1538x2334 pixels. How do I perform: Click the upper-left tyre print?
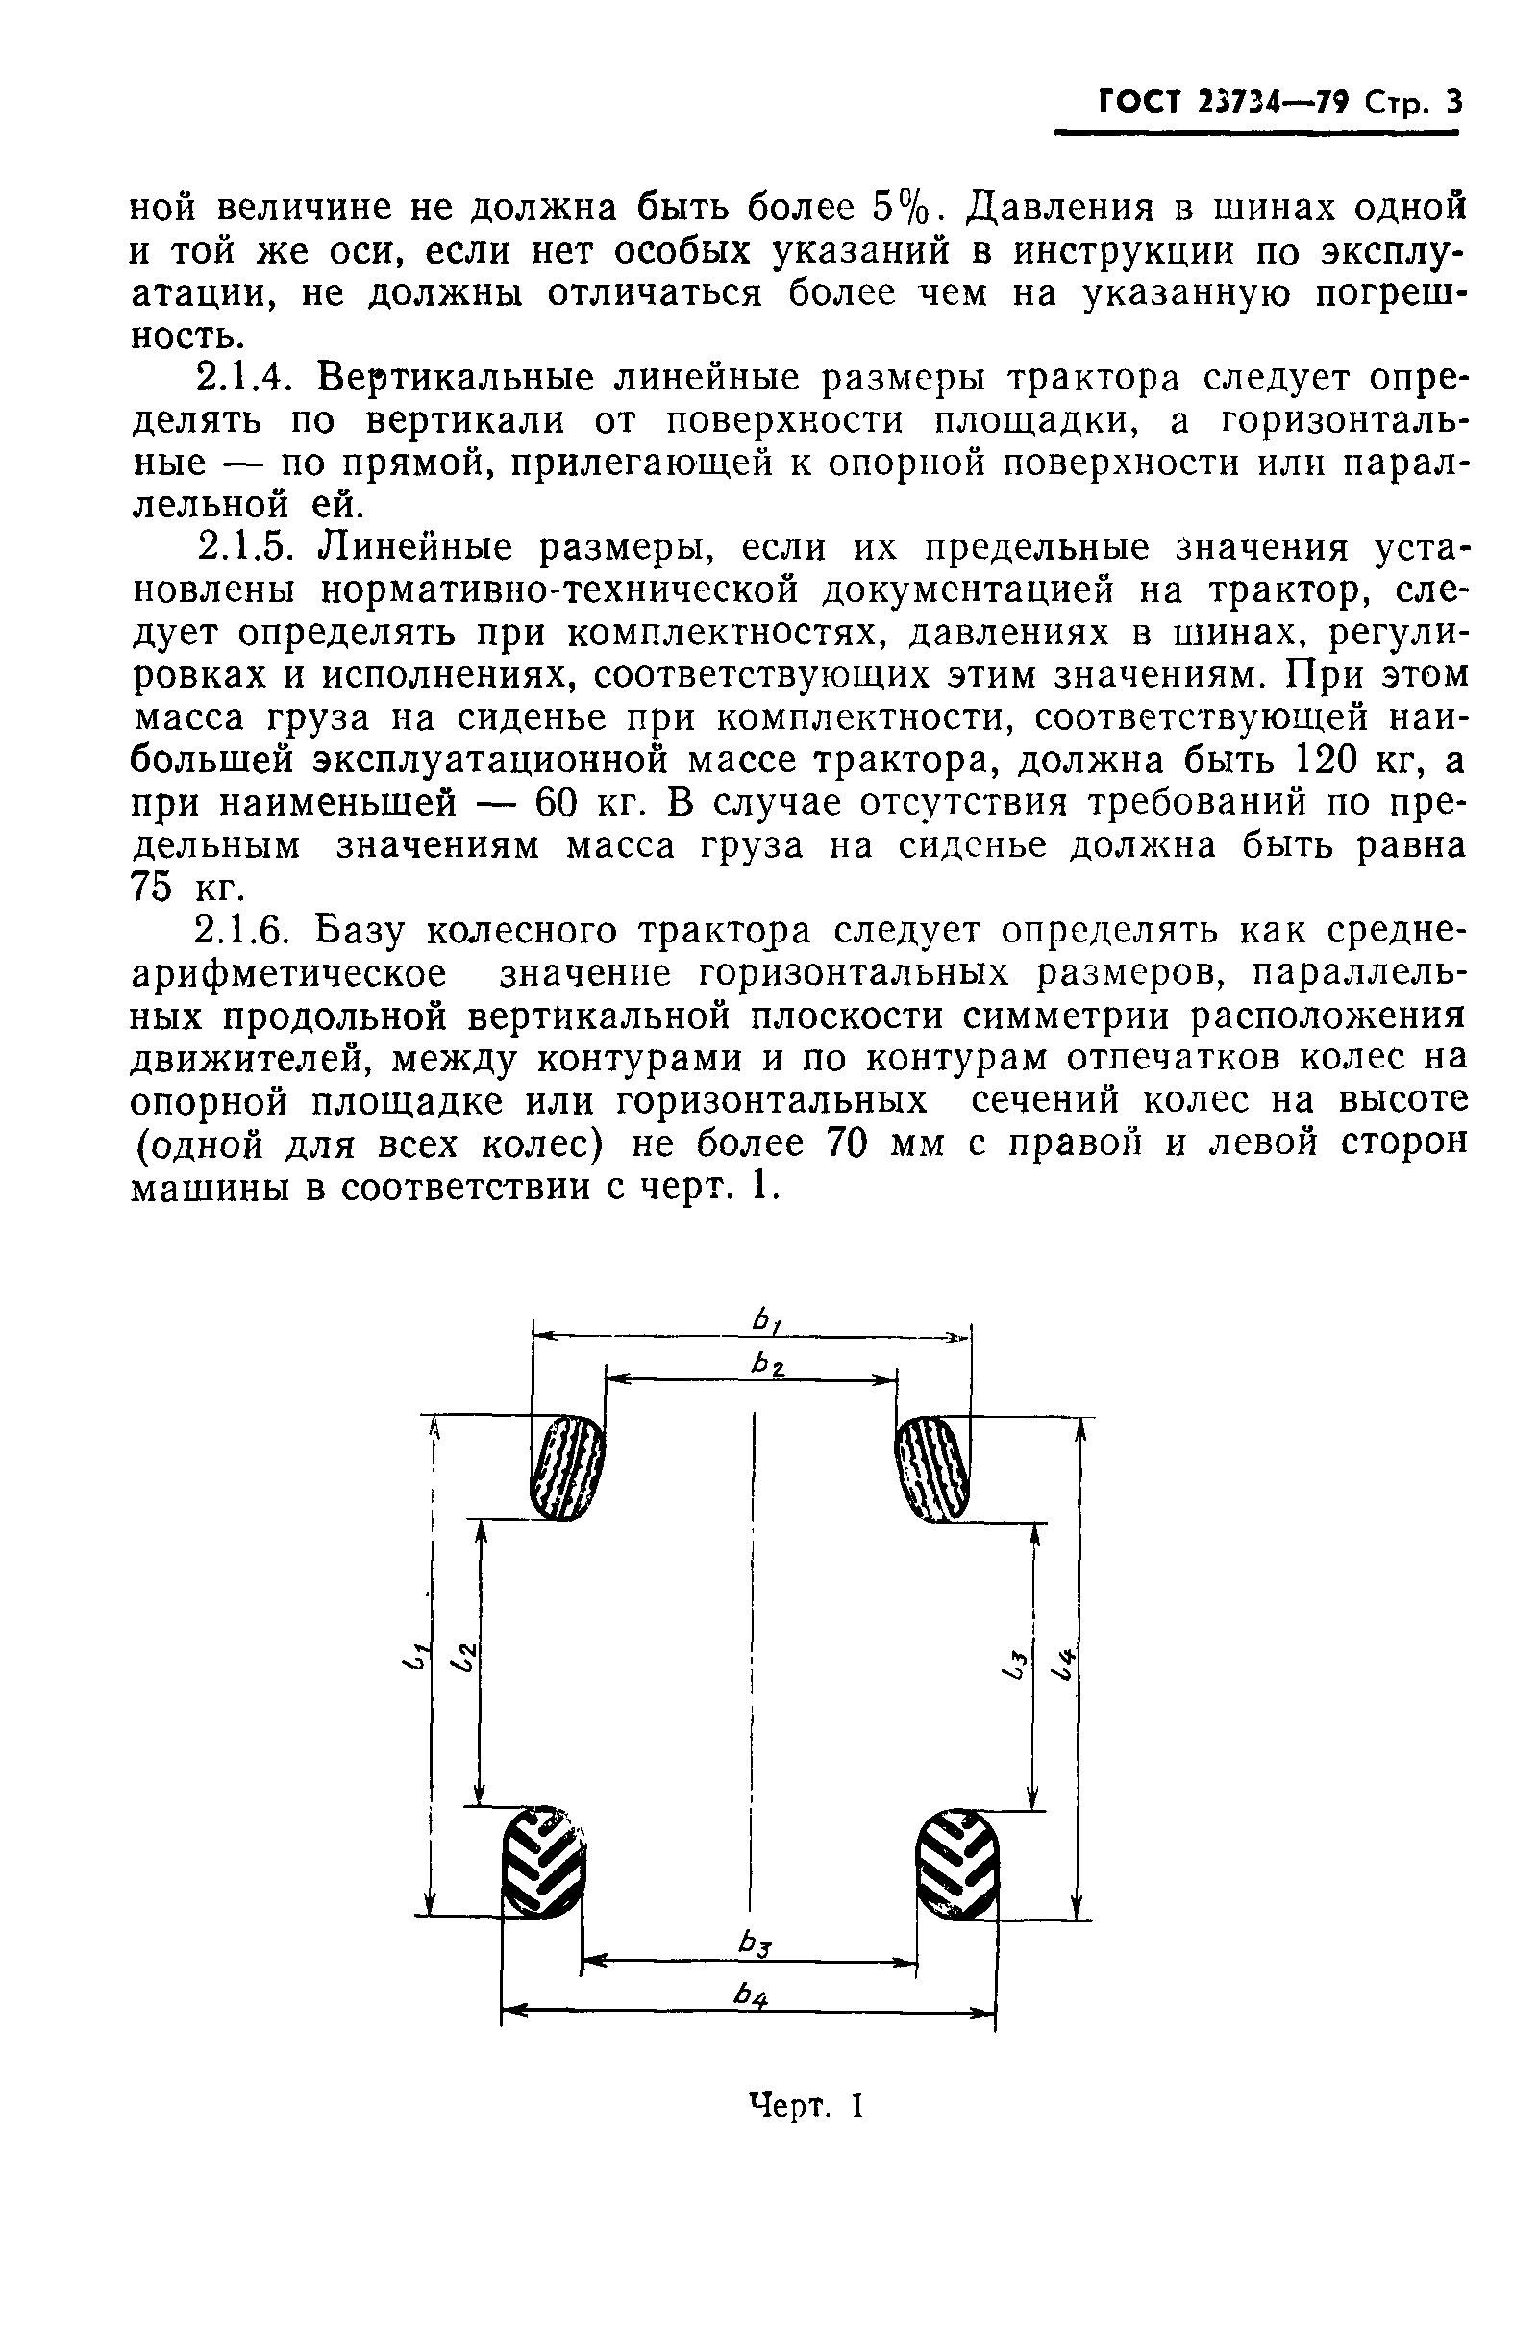pyautogui.click(x=567, y=1468)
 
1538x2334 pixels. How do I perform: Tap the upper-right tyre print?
pyautogui.click(x=932, y=1468)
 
